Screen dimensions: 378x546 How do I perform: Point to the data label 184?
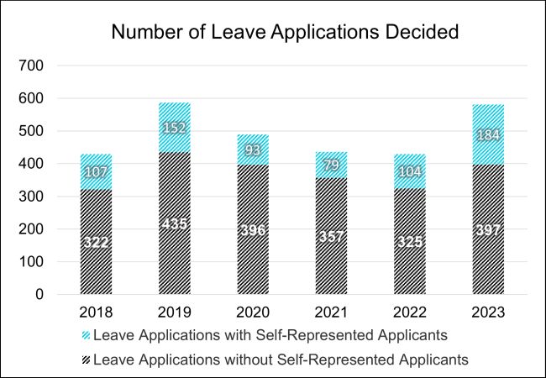pos(488,135)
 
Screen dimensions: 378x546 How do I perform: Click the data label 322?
pos(97,243)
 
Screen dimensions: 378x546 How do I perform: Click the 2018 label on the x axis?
pos(97,312)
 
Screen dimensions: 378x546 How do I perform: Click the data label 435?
pos(175,224)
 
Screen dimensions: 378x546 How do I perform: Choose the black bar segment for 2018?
pos(97,269)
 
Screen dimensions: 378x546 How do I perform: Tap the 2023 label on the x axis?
pos(488,312)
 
